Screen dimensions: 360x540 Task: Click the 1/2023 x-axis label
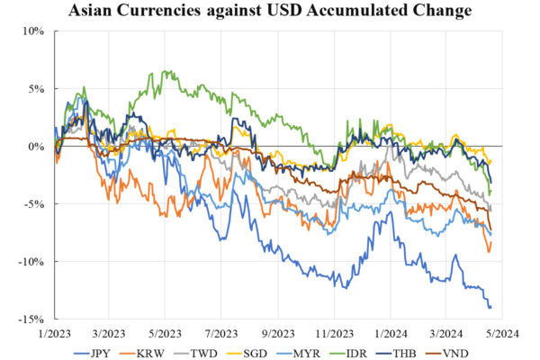pos(54,331)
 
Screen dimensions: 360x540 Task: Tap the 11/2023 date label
pos(333,331)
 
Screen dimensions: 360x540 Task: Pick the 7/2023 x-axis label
pos(220,331)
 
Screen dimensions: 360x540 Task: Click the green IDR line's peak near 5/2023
pos(165,71)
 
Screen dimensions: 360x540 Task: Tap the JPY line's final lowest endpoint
pos(490,308)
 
